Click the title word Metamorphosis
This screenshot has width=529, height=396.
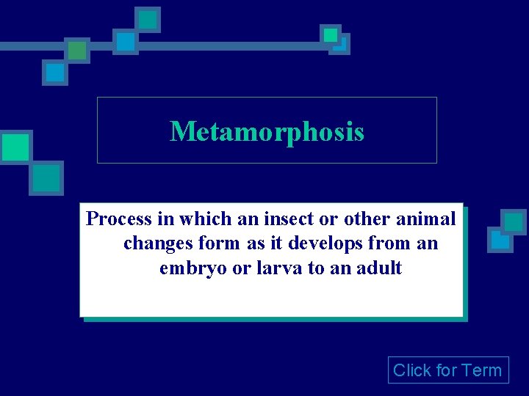[x=267, y=132]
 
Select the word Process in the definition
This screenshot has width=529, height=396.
[x=119, y=219]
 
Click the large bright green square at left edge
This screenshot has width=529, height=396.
[x=15, y=147]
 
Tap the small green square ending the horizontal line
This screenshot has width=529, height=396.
[x=331, y=34]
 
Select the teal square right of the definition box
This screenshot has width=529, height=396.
[x=514, y=221]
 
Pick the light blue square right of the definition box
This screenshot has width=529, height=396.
[x=500, y=240]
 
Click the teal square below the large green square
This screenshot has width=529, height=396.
[x=46, y=177]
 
